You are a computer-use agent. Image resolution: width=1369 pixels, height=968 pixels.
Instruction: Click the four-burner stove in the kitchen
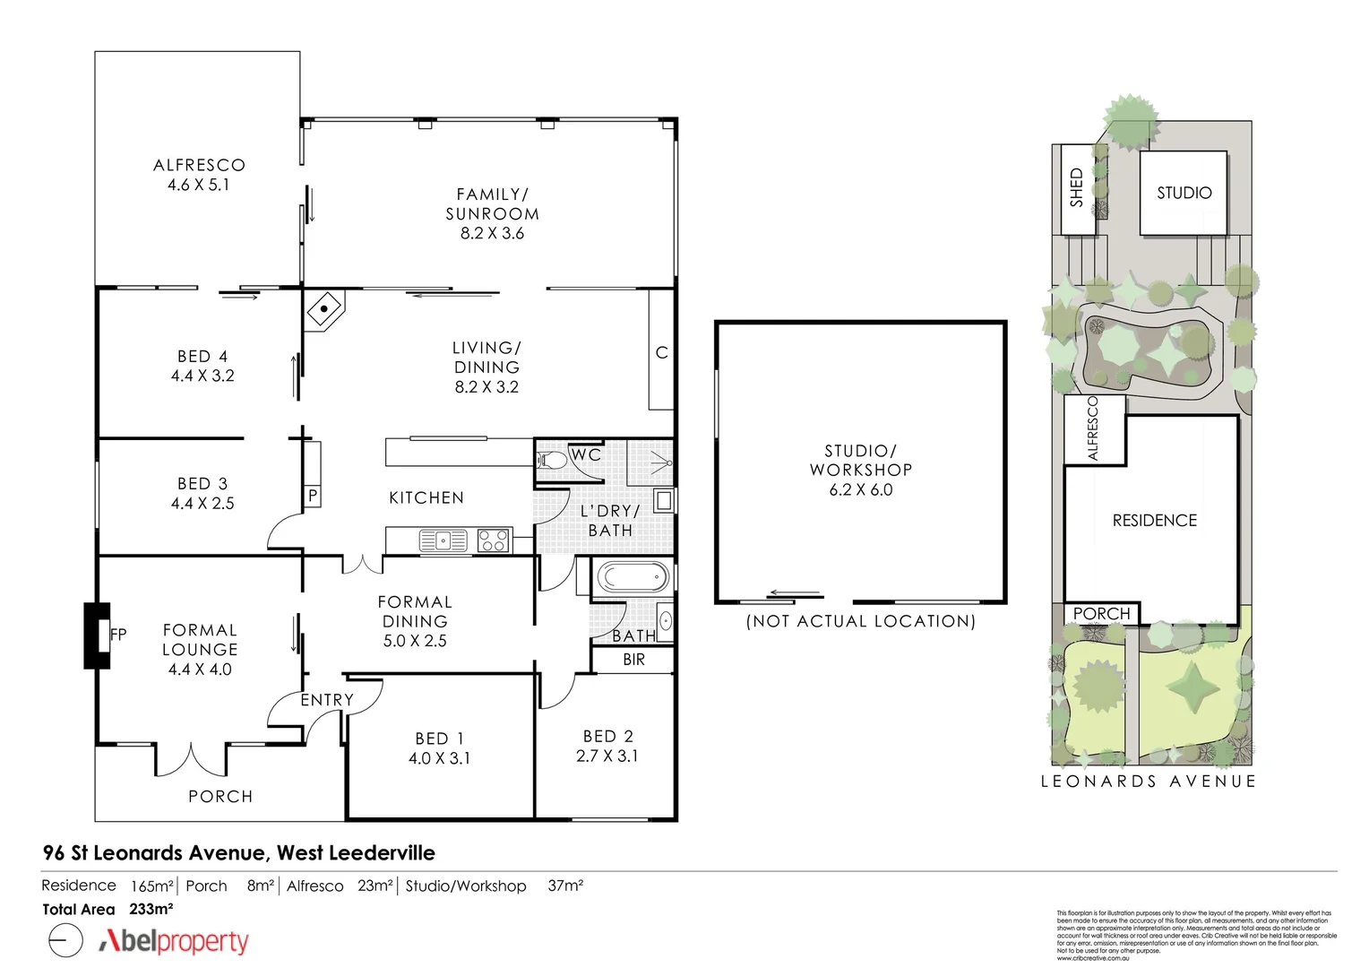[x=493, y=540]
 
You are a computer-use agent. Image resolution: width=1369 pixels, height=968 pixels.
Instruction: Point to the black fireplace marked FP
[x=96, y=635]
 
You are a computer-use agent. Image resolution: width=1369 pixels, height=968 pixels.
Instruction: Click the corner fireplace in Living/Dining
[x=324, y=310]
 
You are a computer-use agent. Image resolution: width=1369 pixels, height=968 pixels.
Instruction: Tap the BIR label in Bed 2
[x=633, y=660]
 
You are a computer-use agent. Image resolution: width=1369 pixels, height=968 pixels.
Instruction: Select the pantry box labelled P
[x=313, y=496]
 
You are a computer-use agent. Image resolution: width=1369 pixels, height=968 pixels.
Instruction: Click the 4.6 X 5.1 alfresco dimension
[x=198, y=186]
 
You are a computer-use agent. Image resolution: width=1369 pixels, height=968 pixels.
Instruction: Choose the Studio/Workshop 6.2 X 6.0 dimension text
[x=860, y=489]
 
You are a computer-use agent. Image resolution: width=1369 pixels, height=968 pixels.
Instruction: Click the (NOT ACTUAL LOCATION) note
[x=860, y=621]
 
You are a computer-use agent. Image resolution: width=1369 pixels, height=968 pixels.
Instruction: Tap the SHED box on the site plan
[x=1078, y=188]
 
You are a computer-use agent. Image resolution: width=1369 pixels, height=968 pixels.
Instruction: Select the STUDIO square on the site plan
[x=1183, y=193]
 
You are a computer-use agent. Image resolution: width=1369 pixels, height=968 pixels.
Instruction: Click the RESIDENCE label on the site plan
[x=1154, y=521]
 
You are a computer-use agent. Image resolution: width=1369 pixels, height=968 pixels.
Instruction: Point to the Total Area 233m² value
[x=151, y=909]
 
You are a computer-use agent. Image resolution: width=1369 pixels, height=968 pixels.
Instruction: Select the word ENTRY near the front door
[x=326, y=700]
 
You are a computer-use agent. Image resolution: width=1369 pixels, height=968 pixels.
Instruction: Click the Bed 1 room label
[x=439, y=739]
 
